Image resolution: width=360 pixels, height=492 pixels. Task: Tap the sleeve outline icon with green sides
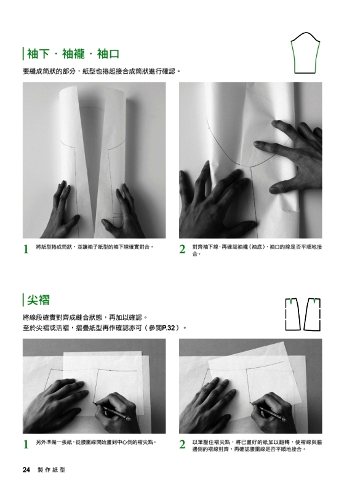point(305,53)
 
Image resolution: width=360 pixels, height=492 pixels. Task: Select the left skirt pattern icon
point(292,314)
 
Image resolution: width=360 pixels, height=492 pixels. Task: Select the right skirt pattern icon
point(313,314)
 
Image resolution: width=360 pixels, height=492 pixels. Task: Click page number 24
point(26,470)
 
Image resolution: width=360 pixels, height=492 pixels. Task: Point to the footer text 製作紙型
point(52,470)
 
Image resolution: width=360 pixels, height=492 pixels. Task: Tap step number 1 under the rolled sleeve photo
point(26,249)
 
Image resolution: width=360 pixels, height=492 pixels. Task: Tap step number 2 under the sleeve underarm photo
point(182,249)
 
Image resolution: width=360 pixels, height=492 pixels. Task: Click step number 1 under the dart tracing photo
point(26,444)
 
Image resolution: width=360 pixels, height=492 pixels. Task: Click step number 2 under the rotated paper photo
point(182,444)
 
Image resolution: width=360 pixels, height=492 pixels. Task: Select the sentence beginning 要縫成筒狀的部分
point(102,71)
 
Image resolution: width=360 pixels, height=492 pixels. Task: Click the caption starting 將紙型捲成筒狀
point(95,247)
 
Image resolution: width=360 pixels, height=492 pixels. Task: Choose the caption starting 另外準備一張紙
point(96,442)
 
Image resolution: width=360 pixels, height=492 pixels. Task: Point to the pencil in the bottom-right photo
point(269,411)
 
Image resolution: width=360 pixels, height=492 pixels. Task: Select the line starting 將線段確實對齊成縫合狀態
point(86,317)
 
